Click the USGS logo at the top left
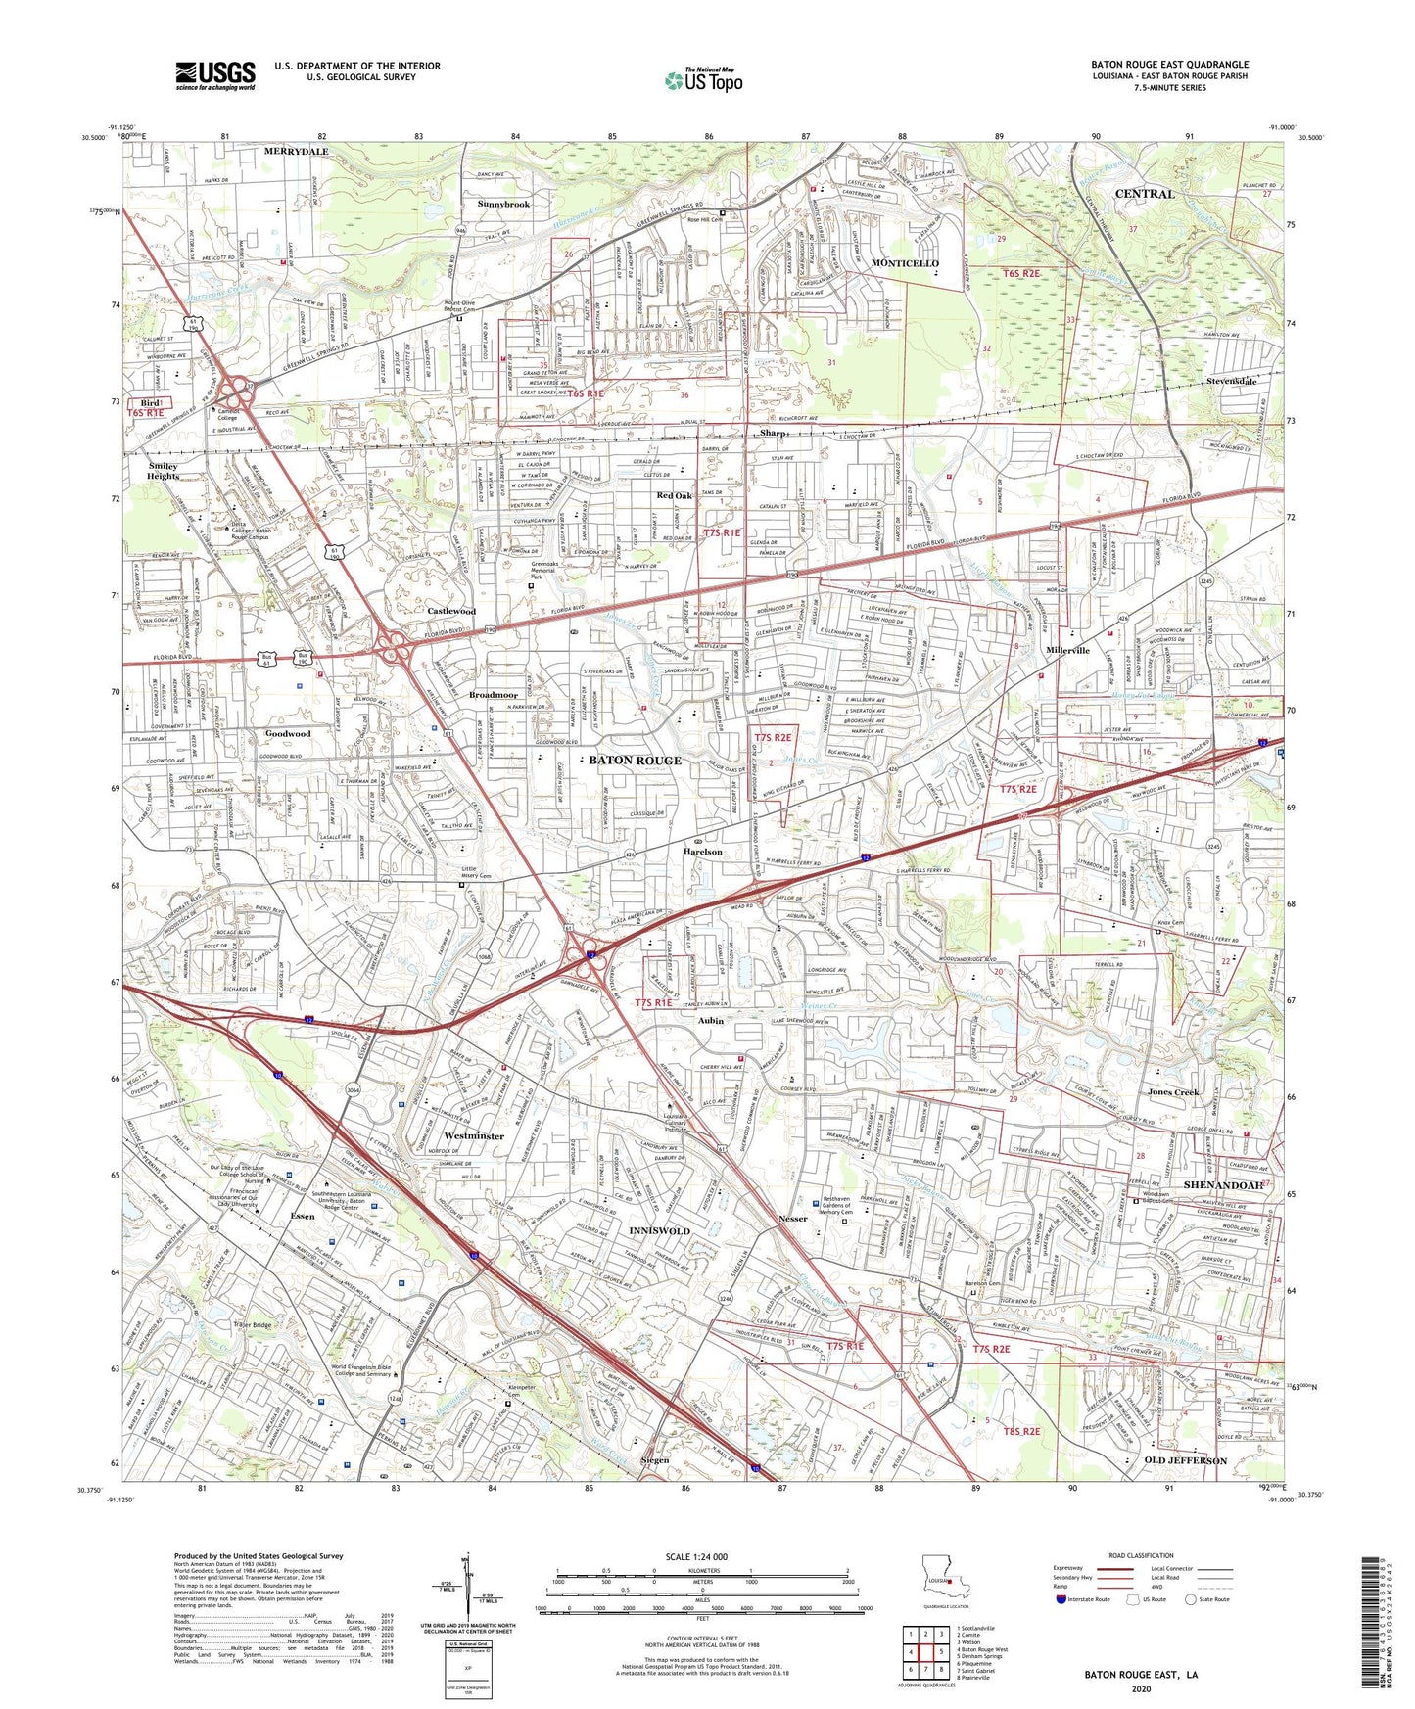pos(215,75)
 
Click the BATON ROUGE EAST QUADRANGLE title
pos(1169,65)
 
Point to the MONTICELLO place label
pos(905,264)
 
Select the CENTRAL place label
pos(1145,194)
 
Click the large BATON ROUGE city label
pos(635,761)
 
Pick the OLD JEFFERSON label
pos(1185,1460)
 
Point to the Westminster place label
pos(473,1136)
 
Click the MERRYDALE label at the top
pos(296,152)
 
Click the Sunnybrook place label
pos(503,205)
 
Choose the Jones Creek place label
pos(1172,1091)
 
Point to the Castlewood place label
pos(451,611)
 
